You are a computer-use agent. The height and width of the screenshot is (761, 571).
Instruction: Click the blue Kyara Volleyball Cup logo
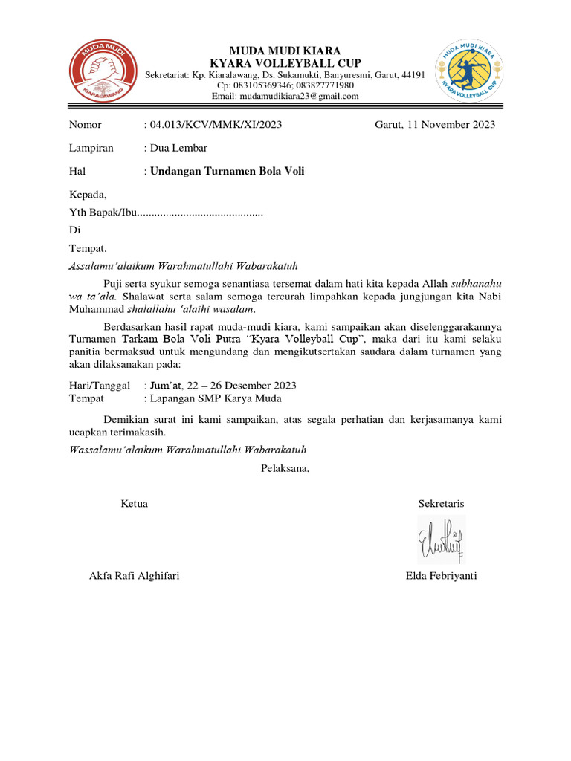coord(468,72)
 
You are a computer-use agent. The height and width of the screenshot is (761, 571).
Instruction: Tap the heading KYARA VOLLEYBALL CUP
coord(285,62)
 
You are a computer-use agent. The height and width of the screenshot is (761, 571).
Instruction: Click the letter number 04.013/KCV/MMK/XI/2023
coord(216,125)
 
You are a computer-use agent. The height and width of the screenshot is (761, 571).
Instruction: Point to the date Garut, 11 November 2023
coord(434,125)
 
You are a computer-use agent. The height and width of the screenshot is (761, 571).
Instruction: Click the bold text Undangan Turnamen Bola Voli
coord(228,171)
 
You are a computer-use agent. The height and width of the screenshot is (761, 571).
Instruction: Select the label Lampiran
coord(91,148)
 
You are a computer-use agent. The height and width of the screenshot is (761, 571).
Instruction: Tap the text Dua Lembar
coord(178,148)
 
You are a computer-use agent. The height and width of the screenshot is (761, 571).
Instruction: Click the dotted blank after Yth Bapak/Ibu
coord(201,214)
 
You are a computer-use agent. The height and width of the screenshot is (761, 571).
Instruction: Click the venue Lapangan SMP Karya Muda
coord(216,398)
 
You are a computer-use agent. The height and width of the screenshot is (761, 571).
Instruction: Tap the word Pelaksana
coord(285,468)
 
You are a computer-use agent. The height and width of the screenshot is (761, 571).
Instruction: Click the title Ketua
coord(134,504)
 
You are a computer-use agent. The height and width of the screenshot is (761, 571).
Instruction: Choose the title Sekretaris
coord(441,504)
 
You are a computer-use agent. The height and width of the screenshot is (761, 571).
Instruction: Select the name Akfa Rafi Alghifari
coord(134,576)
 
